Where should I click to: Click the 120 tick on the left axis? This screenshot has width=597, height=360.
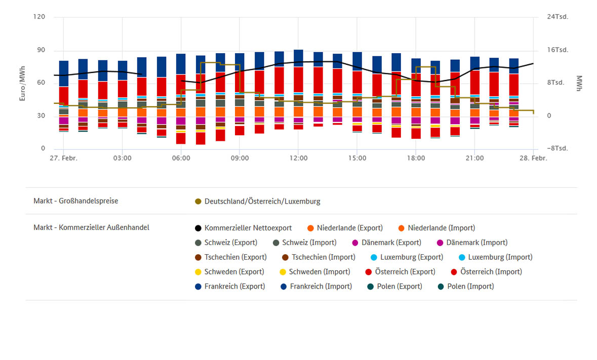point(39,17)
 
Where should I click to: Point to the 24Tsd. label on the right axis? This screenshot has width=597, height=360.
point(559,17)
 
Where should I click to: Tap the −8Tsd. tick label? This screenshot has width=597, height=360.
point(558,148)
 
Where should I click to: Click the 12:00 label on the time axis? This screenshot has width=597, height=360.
point(298,158)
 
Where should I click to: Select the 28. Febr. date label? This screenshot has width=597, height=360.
point(533,158)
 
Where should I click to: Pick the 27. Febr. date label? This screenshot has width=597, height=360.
point(63,158)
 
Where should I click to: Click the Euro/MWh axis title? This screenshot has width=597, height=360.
point(22,83)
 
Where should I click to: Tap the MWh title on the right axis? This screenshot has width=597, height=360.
point(579,83)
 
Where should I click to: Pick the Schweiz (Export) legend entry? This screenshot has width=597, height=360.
point(226,243)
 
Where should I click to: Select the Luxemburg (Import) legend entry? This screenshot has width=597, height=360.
point(495,257)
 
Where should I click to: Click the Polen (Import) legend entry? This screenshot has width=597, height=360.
point(465,286)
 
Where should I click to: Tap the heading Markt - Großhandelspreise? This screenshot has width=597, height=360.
point(75,201)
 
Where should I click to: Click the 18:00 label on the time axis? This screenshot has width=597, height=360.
point(415,158)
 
